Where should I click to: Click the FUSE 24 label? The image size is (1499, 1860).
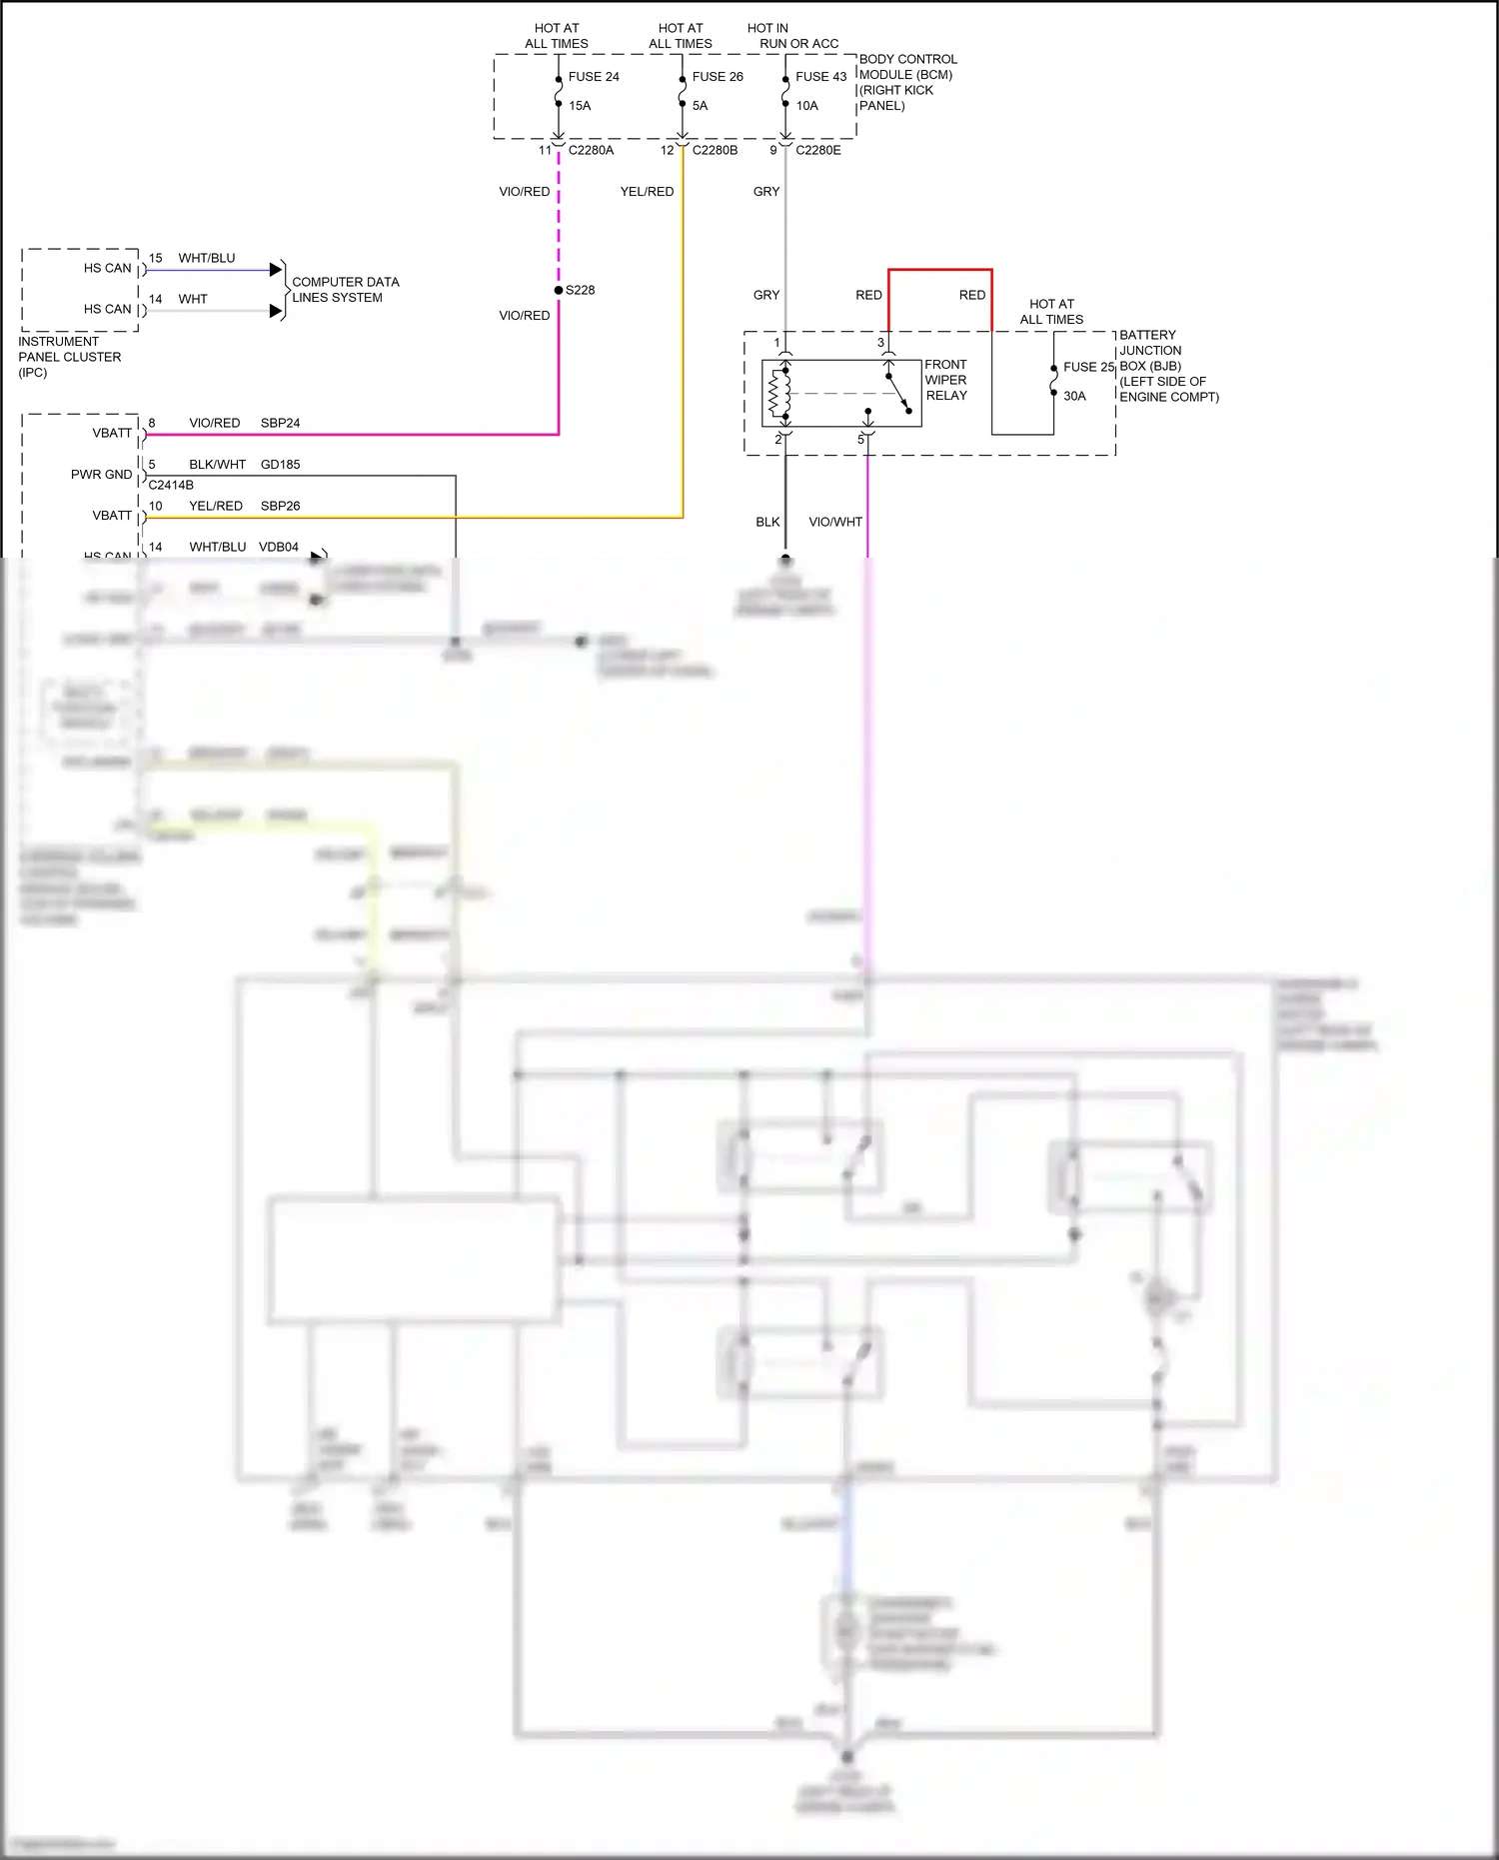[x=594, y=77]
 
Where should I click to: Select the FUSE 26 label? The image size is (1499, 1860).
[x=718, y=77]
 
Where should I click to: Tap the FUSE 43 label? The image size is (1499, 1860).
[x=820, y=77]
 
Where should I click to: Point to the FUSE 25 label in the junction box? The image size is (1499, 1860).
[x=1088, y=367]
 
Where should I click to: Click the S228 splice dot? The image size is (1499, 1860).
[x=559, y=290]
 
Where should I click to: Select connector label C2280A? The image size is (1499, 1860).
[x=591, y=150]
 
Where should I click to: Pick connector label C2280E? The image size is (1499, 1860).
[x=817, y=150]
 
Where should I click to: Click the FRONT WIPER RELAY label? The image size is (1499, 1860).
[x=945, y=380]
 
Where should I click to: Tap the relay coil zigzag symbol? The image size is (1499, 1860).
[x=773, y=394]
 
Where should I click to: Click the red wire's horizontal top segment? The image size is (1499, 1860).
[x=939, y=270]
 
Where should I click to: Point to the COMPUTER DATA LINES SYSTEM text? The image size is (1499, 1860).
[x=345, y=290]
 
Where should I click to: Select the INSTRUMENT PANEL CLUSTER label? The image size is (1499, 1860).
[x=68, y=357]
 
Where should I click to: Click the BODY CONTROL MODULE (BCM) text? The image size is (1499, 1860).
[x=906, y=67]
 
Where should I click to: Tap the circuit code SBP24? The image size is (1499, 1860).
[x=280, y=423]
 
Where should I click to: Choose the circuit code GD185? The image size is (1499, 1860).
[x=280, y=465]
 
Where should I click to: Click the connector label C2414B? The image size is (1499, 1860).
[x=171, y=485]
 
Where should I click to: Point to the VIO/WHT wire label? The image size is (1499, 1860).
[x=834, y=522]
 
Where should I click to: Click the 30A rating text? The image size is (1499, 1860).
[x=1074, y=396]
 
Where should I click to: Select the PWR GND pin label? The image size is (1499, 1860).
[x=101, y=475]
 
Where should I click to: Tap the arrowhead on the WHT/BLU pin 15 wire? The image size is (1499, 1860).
[x=276, y=270]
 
